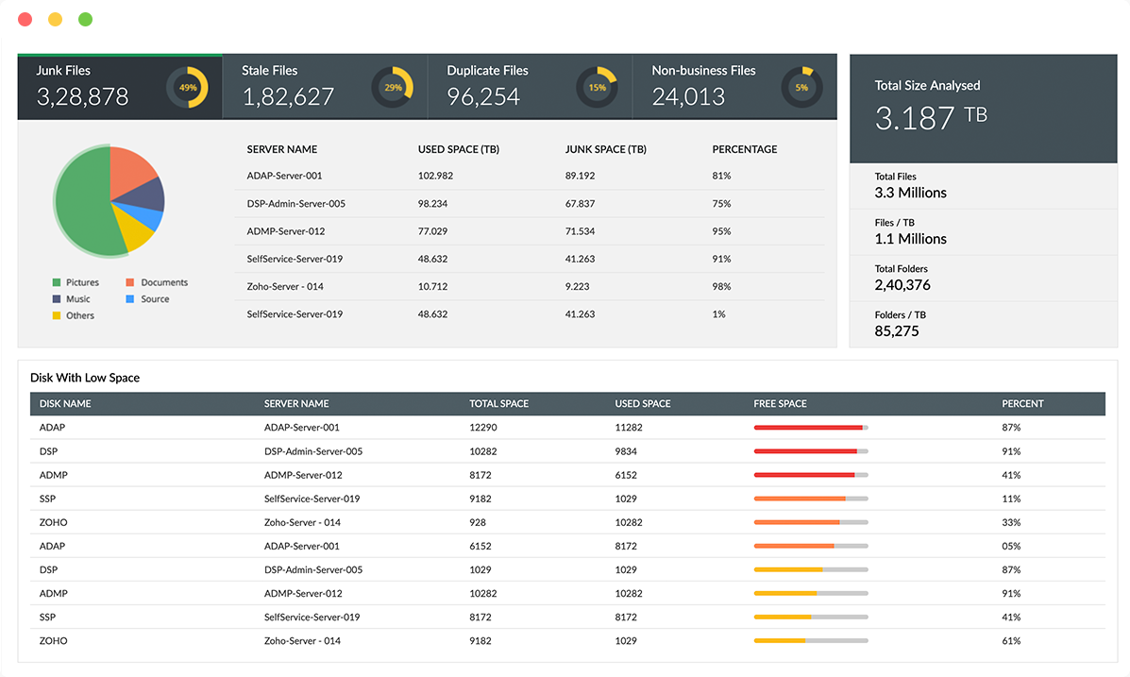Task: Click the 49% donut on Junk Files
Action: [x=188, y=88]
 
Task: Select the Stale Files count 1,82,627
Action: [x=288, y=96]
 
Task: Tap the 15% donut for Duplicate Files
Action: [x=597, y=88]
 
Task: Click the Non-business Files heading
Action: [x=703, y=71]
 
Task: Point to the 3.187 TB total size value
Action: [x=930, y=117]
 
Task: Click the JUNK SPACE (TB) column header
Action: [x=605, y=149]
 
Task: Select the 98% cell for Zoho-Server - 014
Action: [x=721, y=286]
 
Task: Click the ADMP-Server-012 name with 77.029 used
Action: [x=285, y=231]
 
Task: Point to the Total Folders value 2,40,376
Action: [x=902, y=285]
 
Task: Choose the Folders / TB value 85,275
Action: [x=897, y=331]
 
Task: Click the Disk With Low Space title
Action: [x=85, y=378]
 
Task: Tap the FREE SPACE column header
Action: [x=780, y=404]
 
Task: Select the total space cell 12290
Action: [x=482, y=428]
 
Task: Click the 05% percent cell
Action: [x=1011, y=546]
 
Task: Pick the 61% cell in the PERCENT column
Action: [x=1011, y=641]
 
